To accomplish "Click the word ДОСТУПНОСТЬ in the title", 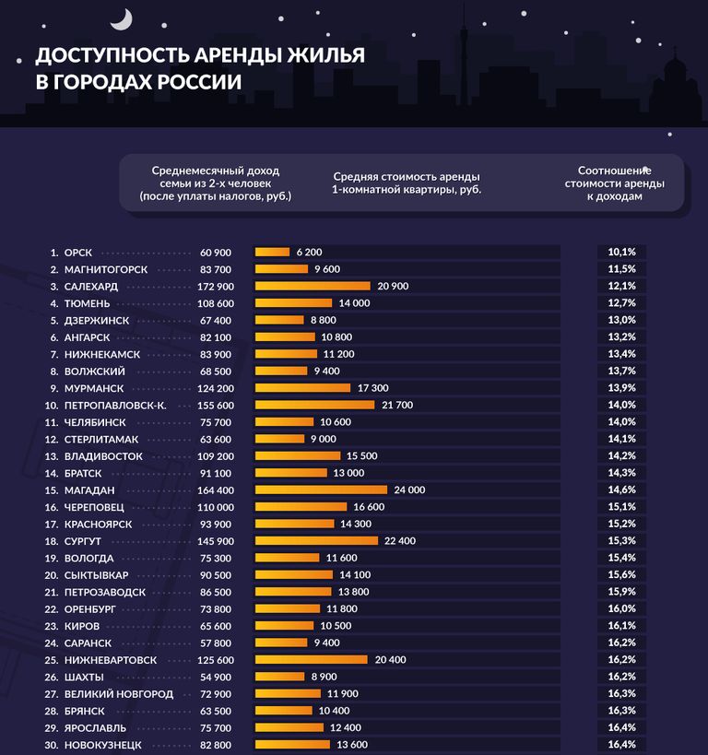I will [x=102, y=55].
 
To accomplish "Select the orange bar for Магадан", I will [x=321, y=490].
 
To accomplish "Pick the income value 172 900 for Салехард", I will [x=216, y=287].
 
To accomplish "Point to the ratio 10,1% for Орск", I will [x=621, y=252].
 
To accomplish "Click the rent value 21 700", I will [x=397, y=405].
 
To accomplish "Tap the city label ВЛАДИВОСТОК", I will [x=103, y=455].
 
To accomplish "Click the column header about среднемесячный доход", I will [x=215, y=183].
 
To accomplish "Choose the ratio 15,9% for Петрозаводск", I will [x=621, y=591].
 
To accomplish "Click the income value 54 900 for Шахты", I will [x=216, y=676].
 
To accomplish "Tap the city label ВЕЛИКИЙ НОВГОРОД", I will [x=119, y=693].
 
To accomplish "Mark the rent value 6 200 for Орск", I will [x=310, y=252].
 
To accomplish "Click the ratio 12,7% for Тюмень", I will [x=621, y=303].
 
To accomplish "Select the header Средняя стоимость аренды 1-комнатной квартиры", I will [x=407, y=183].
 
